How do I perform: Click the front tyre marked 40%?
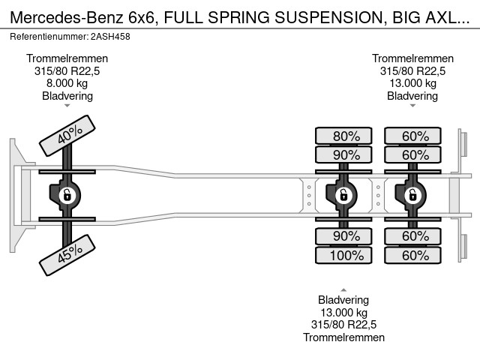(x=67, y=136)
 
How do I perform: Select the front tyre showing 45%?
(x=67, y=255)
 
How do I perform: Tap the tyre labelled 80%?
(x=343, y=136)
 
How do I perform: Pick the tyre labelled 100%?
(x=343, y=255)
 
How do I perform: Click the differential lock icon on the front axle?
(x=67, y=195)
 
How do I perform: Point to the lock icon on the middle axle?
(x=343, y=195)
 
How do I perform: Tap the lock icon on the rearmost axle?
(x=412, y=195)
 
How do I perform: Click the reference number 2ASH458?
(x=110, y=37)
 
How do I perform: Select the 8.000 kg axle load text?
(x=67, y=83)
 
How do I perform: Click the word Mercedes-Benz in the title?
(x=67, y=17)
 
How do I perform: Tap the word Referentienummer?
(x=49, y=37)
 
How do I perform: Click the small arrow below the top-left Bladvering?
(x=67, y=106)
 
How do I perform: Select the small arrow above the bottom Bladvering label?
(x=343, y=289)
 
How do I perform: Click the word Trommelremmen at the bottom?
(x=343, y=337)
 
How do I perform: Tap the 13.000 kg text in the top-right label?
(x=412, y=83)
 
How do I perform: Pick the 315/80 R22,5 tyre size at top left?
(x=67, y=71)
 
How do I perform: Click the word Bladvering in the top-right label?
(x=412, y=96)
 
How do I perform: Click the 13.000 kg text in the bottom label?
(x=343, y=313)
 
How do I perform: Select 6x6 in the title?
(x=143, y=17)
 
